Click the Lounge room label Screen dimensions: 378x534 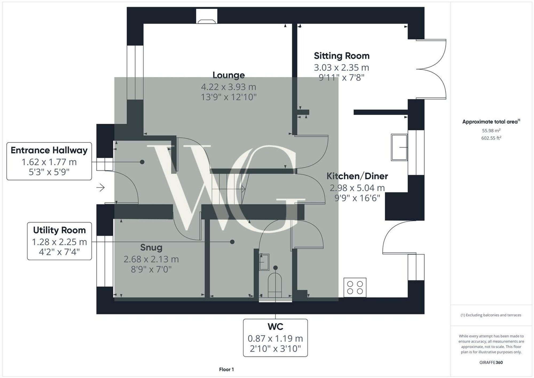point(229,75)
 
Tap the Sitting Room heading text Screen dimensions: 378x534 point(341,56)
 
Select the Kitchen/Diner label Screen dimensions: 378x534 point(357,176)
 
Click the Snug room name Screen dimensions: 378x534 point(151,247)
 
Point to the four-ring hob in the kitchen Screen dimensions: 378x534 point(355,287)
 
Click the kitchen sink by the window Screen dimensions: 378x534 point(399,147)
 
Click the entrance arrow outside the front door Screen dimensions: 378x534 point(101,188)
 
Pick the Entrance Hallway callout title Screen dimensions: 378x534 point(49,150)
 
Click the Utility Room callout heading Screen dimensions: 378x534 point(59,230)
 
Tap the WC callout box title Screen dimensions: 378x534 point(275,326)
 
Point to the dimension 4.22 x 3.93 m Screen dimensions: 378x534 point(229,87)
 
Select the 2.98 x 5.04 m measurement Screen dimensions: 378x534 point(357,188)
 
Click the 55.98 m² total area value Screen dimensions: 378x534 point(491,131)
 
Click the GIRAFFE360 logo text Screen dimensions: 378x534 point(491,362)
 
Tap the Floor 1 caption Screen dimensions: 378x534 point(226,369)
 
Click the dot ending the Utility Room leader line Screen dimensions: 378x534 point(232,242)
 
